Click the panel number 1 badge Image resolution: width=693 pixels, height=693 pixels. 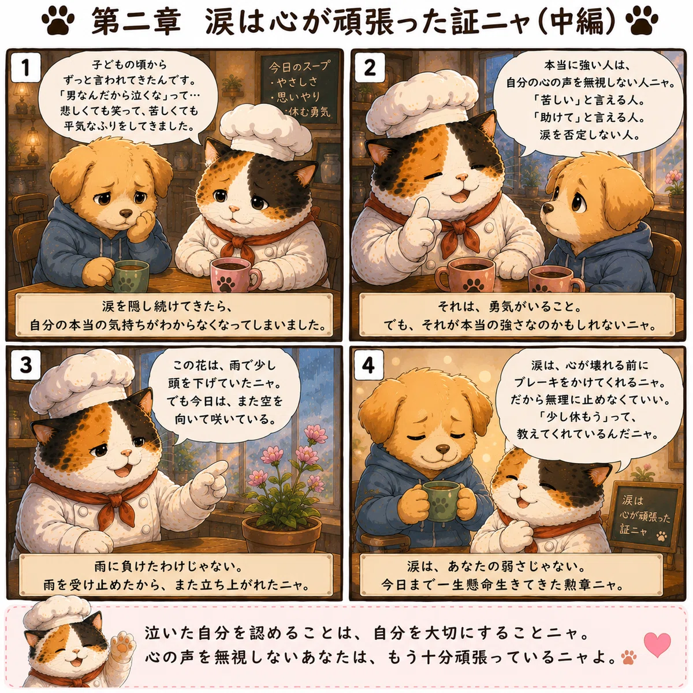click(x=25, y=68)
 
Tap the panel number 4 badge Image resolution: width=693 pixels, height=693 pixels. click(x=368, y=366)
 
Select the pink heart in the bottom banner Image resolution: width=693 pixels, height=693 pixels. click(x=657, y=644)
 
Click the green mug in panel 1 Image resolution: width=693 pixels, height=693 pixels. click(x=129, y=276)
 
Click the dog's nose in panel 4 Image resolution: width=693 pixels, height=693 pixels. click(x=443, y=448)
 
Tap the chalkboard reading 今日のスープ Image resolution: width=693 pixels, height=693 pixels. click(x=299, y=89)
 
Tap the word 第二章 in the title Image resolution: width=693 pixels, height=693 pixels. click(x=136, y=21)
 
